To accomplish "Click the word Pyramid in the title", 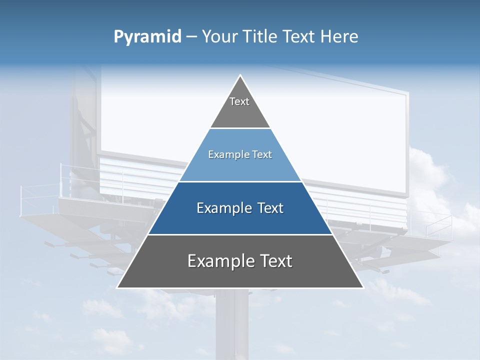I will point(147,37).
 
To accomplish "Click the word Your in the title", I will point(220,37).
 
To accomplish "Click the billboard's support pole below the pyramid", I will point(232,325).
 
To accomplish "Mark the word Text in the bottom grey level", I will point(274,261).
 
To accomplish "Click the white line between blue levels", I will point(240,181).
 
